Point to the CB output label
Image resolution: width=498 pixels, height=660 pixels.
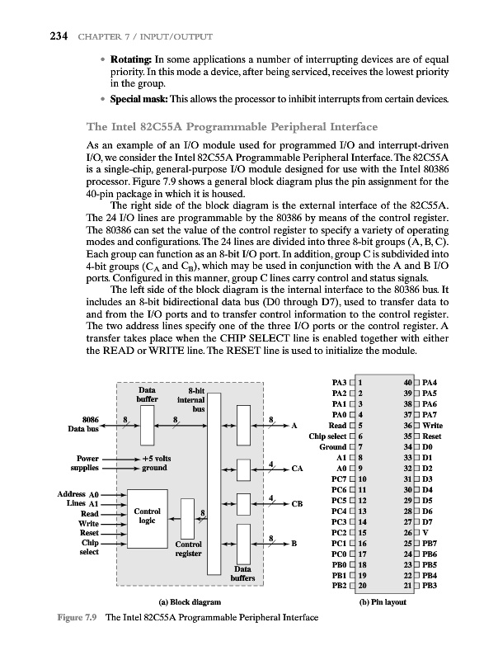298,503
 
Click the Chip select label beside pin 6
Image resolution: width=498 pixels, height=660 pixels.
327,435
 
